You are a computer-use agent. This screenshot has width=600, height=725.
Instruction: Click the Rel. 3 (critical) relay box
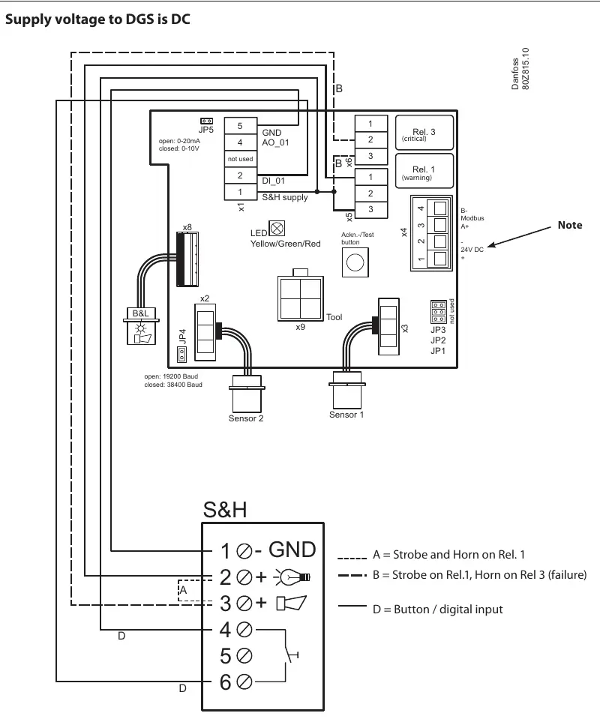coord(424,133)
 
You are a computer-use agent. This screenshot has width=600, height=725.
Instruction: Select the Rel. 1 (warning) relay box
coord(424,171)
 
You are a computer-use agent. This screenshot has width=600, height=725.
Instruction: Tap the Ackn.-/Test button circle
coord(355,262)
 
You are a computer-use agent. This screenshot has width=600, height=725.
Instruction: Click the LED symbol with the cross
coord(277,229)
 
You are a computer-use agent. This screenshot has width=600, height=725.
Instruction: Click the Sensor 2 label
coord(246,418)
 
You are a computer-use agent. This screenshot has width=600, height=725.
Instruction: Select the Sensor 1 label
coord(346,415)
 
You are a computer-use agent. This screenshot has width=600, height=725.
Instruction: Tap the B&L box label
coord(141,313)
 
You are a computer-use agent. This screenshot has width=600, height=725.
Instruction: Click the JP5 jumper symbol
coord(206,121)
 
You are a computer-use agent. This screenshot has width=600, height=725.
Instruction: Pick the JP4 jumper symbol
coord(181,355)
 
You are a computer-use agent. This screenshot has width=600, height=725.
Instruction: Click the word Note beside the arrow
coord(570,225)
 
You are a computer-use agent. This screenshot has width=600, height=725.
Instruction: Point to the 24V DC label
coord(472,250)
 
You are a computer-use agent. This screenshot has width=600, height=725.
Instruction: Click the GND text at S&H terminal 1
coord(292,550)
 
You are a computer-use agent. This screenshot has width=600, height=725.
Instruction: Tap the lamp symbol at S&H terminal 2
coord(292,577)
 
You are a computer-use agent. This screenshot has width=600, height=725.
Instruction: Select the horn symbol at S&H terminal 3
coord(292,603)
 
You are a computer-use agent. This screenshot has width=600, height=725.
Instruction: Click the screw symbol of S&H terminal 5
coord(244,655)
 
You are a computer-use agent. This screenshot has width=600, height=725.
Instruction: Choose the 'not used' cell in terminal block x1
coord(241,159)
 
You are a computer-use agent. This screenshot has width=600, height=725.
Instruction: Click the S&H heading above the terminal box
coord(225,510)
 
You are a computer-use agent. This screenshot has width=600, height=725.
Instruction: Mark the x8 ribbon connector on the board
coord(187,259)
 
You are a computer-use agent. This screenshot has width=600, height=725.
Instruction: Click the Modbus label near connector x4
coord(472,218)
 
